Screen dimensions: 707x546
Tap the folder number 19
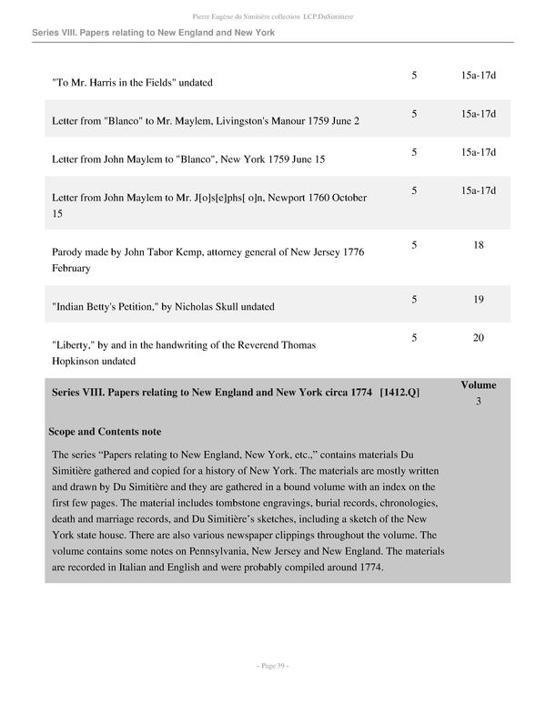[478, 299]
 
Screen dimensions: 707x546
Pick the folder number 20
[478, 338]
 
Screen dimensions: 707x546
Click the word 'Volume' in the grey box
[478, 385]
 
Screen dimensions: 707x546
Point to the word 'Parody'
[70, 251]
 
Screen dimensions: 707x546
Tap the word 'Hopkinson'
[79, 361]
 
